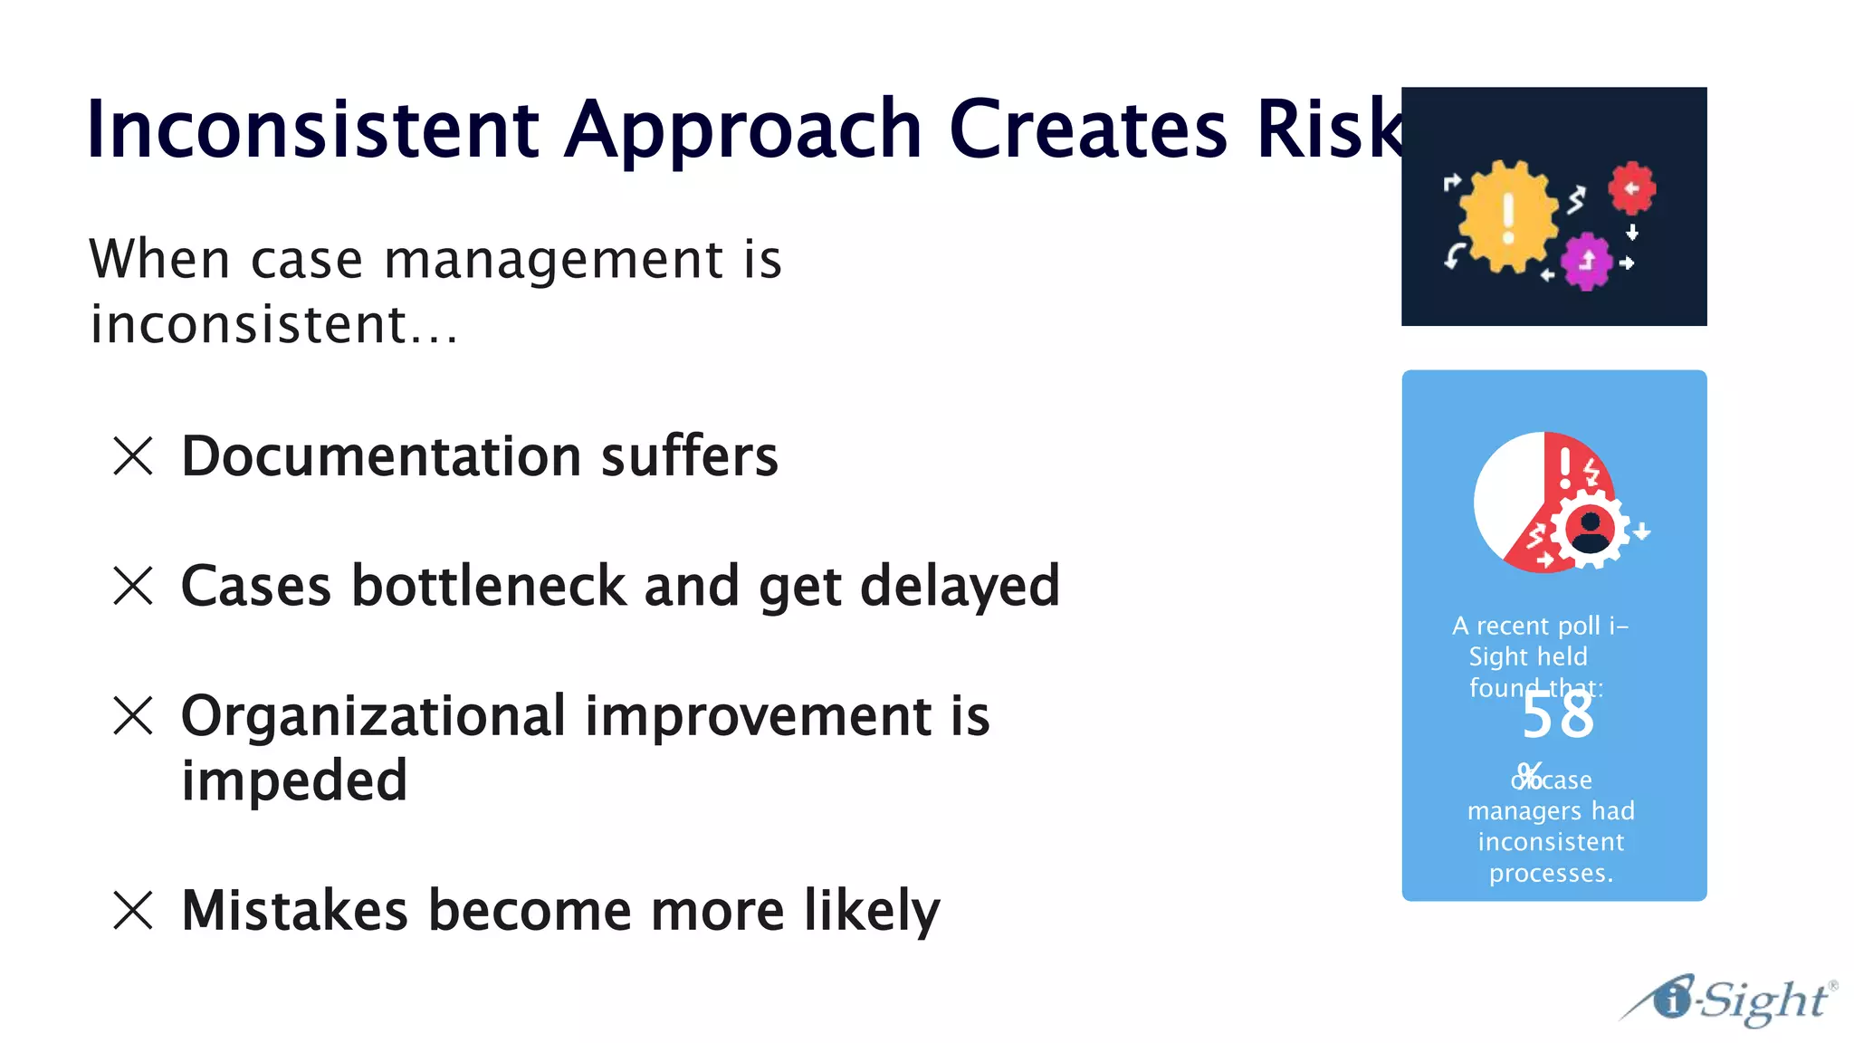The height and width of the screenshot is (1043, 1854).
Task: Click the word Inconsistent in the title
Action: pyautogui.click(x=312, y=129)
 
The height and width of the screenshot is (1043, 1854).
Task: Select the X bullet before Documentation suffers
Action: pyautogui.click(x=133, y=455)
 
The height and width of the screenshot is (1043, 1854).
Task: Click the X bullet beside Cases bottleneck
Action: pyautogui.click(x=133, y=586)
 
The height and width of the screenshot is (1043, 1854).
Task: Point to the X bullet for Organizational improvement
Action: pyautogui.click(x=133, y=715)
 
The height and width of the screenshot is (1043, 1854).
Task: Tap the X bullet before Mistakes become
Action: pyautogui.click(x=133, y=910)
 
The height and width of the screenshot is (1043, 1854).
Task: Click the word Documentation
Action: pyautogui.click(x=380, y=455)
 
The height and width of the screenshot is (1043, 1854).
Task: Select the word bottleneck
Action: pyautogui.click(x=489, y=586)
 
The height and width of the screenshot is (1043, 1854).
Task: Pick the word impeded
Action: pyautogui.click(x=294, y=780)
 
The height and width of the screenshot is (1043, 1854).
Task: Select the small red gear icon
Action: pyautogui.click(x=1631, y=188)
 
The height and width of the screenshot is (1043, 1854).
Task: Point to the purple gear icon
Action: pyautogui.click(x=1586, y=262)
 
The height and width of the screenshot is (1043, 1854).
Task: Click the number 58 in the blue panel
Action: pyautogui.click(x=1557, y=716)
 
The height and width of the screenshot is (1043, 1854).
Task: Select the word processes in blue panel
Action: pyautogui.click(x=1550, y=874)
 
